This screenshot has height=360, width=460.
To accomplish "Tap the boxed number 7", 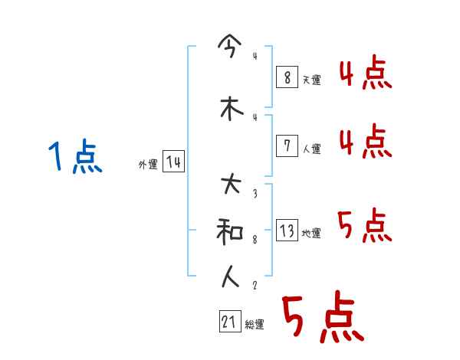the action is (x=286, y=145).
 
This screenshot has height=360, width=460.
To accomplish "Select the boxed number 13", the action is (x=287, y=230).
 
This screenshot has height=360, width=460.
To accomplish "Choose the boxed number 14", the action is (x=173, y=162).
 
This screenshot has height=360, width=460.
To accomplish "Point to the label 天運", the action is (x=311, y=80).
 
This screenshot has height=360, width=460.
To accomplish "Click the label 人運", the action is (x=311, y=149).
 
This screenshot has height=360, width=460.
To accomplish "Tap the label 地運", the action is (x=311, y=234).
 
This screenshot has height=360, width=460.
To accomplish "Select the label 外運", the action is (x=147, y=165).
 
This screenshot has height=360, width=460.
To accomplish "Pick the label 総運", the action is (x=255, y=326).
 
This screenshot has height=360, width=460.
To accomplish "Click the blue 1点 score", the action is (x=74, y=159).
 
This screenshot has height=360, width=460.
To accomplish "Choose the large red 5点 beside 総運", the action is (x=322, y=319).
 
